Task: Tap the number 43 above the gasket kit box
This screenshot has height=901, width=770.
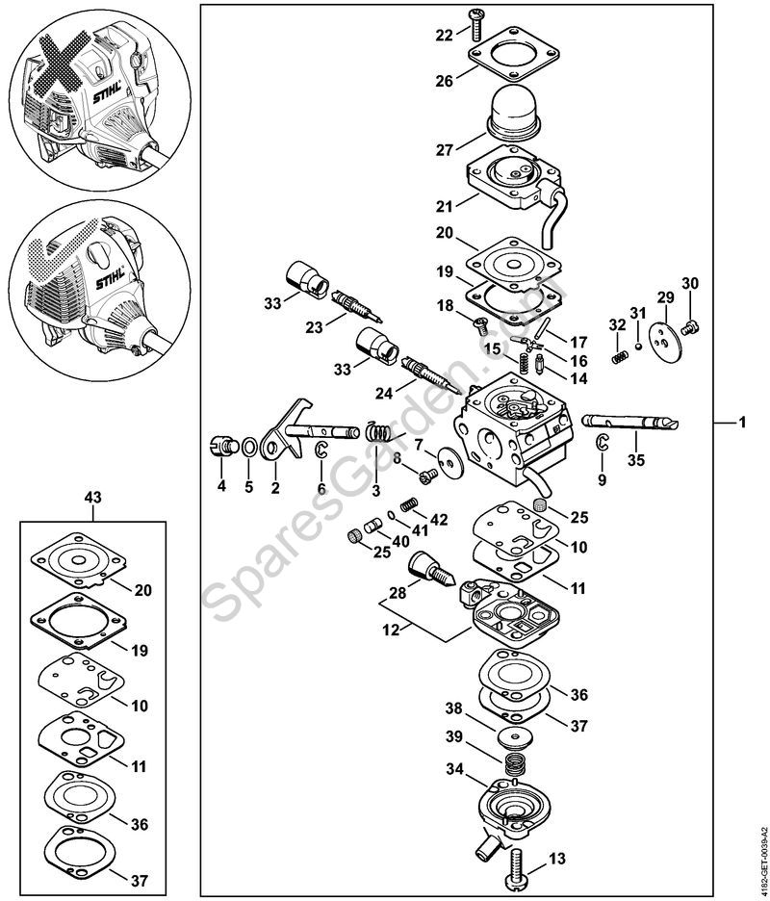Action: pos(92,497)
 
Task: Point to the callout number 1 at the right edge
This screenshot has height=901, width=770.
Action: pos(742,423)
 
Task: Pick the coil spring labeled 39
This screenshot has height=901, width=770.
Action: pos(519,766)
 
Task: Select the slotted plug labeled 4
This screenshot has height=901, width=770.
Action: pos(222,446)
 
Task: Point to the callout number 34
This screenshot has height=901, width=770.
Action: pos(451,770)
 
